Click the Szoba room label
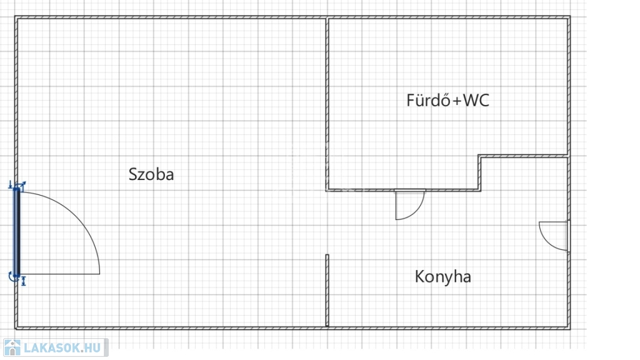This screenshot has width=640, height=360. (151, 174)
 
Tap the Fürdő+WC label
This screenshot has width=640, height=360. (447, 101)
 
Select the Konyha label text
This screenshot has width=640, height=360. (442, 277)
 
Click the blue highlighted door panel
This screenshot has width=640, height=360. (17, 231)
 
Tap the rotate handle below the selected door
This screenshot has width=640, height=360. (13, 276)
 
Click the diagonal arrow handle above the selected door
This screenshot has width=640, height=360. (21, 185)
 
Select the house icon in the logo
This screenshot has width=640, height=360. (12, 347)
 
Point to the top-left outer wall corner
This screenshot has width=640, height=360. (17, 19)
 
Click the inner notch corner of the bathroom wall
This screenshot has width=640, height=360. (480, 157)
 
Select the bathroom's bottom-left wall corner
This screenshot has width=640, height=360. (327, 189)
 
